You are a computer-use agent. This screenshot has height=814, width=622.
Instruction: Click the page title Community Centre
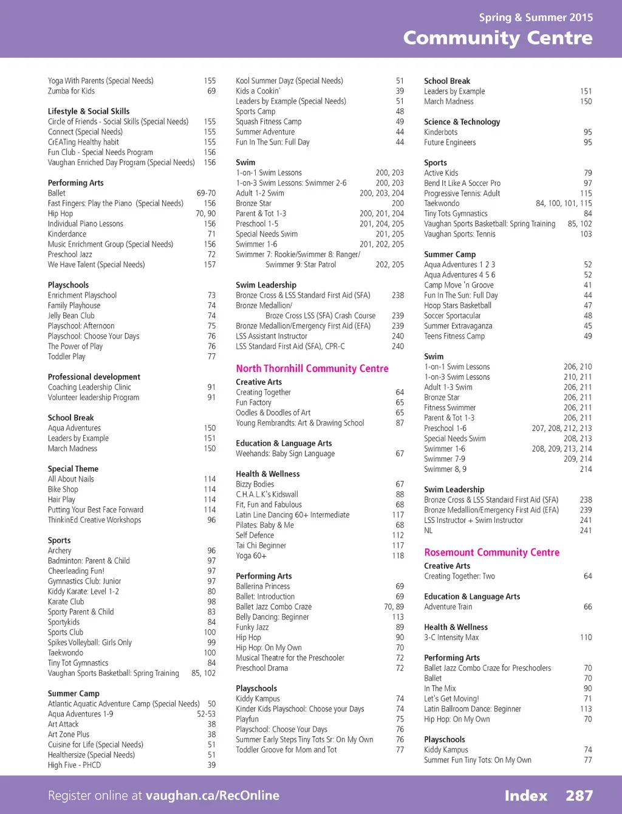coord(497,38)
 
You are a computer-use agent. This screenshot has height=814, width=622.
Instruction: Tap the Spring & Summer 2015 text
coord(535,17)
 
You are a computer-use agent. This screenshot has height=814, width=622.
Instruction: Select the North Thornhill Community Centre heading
coord(312,368)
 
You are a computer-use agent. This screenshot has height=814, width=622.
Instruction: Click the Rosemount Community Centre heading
coord(491,553)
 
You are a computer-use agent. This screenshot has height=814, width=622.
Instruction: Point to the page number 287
coord(579,796)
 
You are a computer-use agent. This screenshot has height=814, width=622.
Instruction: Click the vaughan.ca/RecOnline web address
coord(213,796)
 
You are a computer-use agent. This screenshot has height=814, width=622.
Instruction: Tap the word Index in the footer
coord(525,796)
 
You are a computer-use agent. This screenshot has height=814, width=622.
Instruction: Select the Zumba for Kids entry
coord(71,91)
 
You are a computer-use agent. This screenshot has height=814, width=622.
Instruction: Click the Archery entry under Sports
coord(60,551)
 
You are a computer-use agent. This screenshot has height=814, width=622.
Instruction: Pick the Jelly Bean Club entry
coord(71,316)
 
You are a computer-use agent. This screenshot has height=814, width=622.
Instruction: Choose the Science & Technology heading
coord(462,122)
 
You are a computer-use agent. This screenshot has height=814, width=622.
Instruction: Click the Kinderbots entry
coord(440,132)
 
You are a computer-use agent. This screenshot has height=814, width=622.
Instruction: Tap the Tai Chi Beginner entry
coord(261,545)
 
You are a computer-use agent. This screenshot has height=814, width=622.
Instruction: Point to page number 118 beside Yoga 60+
coord(398,556)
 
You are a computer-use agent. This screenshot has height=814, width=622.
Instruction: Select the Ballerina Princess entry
coord(262,586)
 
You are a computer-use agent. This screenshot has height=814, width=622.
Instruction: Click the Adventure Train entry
coord(448,607)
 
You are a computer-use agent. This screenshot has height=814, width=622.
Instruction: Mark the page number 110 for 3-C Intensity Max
coord(586,637)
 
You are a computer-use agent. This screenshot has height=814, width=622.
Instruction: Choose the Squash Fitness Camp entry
coord(268,122)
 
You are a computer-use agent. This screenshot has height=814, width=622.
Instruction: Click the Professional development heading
coord(94,377)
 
